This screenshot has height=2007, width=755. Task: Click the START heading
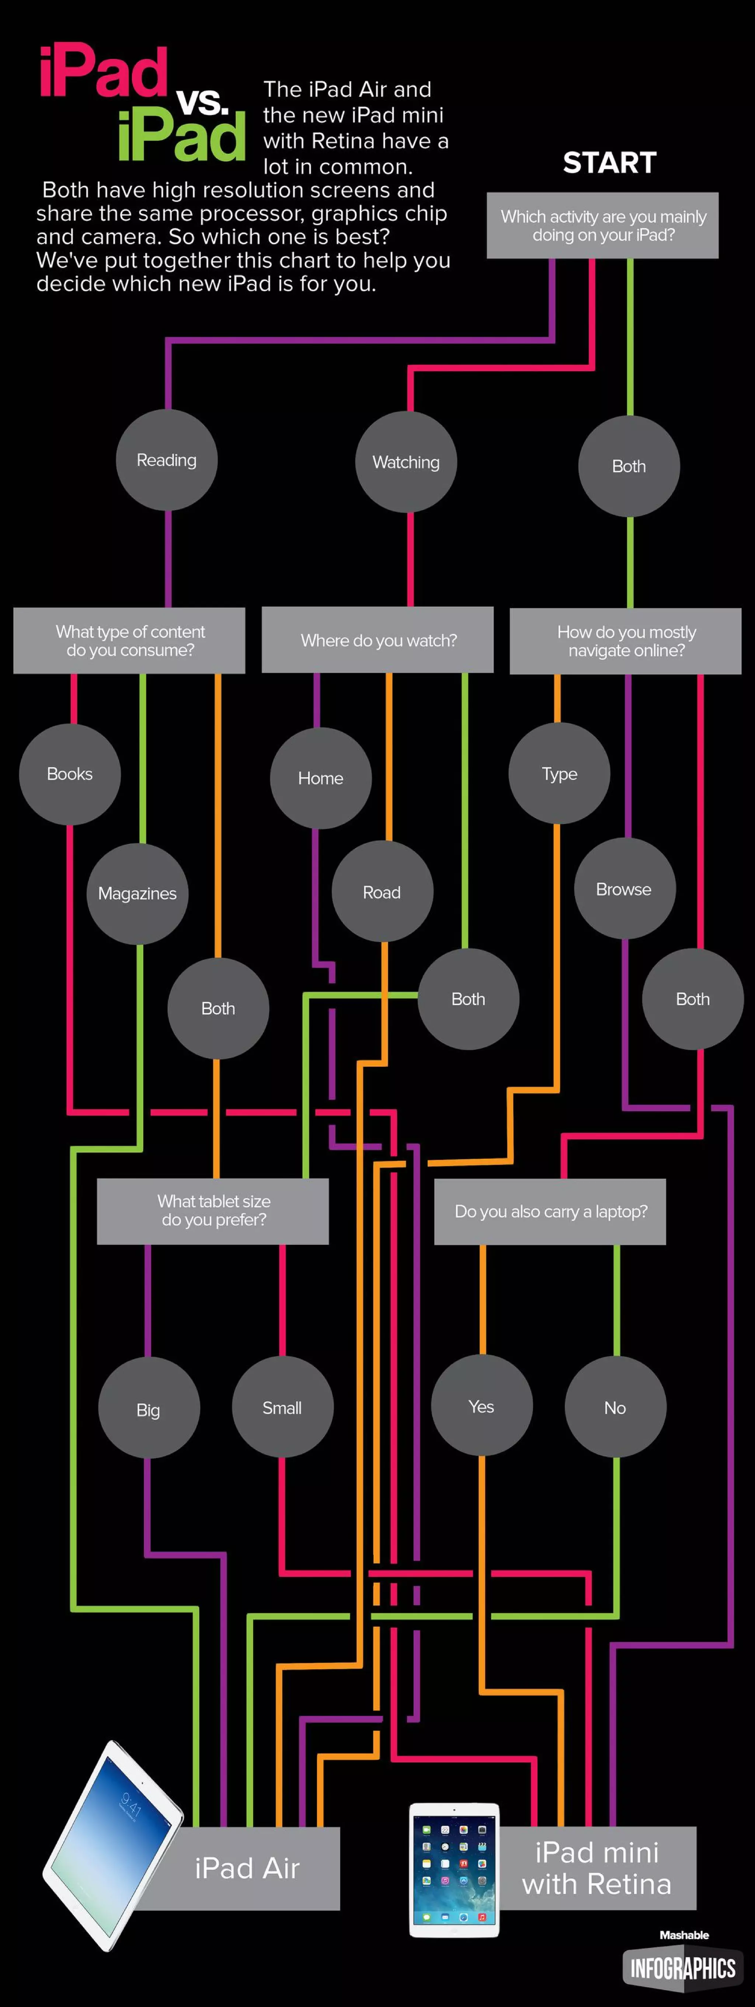tap(609, 163)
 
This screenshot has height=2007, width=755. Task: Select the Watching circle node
tap(406, 462)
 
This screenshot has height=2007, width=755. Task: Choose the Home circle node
tap(320, 778)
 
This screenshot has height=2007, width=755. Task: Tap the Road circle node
tap(382, 892)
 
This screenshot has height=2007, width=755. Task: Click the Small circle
tap(282, 1407)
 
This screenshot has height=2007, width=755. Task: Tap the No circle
tap(615, 1407)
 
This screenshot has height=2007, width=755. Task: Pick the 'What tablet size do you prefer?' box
tap(213, 1211)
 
